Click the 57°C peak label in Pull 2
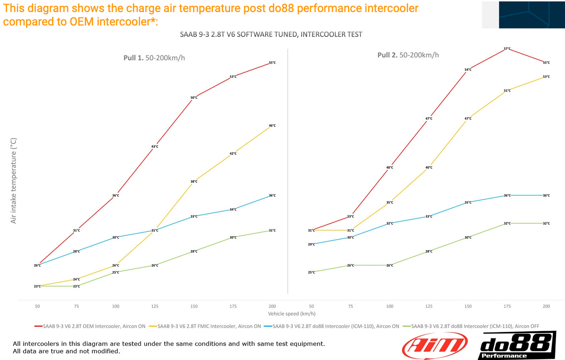[x=507, y=49]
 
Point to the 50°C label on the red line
[x=194, y=98]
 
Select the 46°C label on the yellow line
[x=272, y=126]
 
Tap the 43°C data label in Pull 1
[x=155, y=147]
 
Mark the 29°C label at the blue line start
[x=311, y=245]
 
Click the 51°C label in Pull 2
[x=507, y=91]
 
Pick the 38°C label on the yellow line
[x=194, y=182]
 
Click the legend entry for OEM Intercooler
[x=90, y=326]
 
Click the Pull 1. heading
[x=154, y=58]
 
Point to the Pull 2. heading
[x=408, y=55]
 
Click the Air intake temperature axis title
[x=14, y=181]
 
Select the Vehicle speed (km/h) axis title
[x=292, y=313]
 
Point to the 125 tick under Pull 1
[x=155, y=306]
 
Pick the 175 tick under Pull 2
[x=507, y=306]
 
